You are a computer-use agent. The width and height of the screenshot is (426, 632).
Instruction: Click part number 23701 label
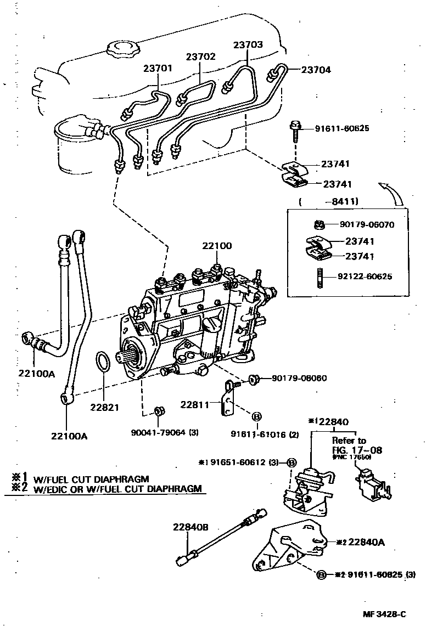(x=158, y=69)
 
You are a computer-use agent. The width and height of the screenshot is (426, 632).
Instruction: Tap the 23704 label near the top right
(x=316, y=70)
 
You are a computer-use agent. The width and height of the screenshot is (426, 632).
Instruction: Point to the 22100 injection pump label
(x=216, y=247)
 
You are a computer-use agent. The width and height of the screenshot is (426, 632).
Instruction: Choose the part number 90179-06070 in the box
(x=367, y=224)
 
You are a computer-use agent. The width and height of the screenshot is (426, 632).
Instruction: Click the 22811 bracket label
(x=195, y=405)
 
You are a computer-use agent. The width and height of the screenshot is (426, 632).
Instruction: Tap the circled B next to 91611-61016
(x=256, y=416)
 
